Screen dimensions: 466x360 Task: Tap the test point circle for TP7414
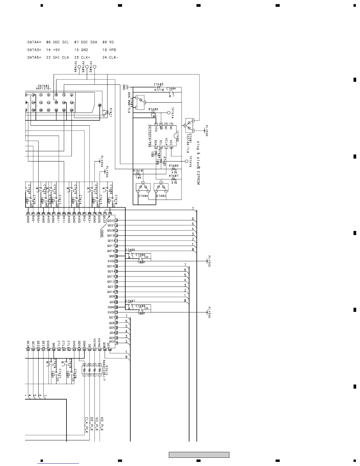coord(169,113)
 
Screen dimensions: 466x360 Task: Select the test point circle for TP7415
coord(186,161)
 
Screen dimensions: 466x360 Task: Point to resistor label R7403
coord(153,109)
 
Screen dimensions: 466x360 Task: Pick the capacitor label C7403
coord(159,85)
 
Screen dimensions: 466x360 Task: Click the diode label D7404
coord(143,196)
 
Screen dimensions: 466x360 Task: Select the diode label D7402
coord(161,196)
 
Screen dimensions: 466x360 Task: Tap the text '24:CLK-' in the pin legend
coord(111,58)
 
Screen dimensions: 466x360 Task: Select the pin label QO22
coord(111,220)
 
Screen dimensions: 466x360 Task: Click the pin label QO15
coord(111,267)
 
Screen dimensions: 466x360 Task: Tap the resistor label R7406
coord(174,166)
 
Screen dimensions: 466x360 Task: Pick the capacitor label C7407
coord(130,301)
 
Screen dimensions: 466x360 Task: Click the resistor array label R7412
coord(107,370)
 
